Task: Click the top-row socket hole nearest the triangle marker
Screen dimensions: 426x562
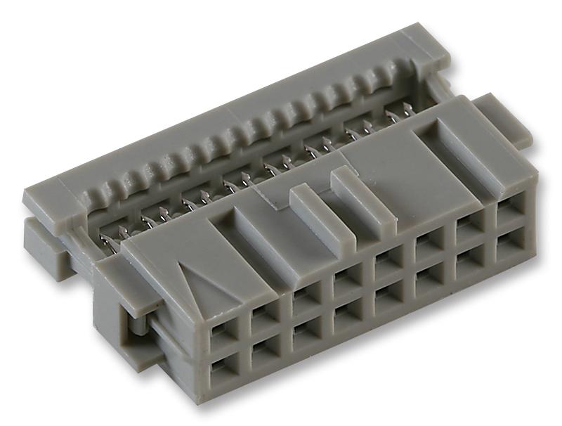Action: click(x=224, y=326)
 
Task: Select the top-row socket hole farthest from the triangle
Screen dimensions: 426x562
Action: click(x=509, y=211)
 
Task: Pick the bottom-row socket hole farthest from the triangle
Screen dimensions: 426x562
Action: click(x=507, y=243)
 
